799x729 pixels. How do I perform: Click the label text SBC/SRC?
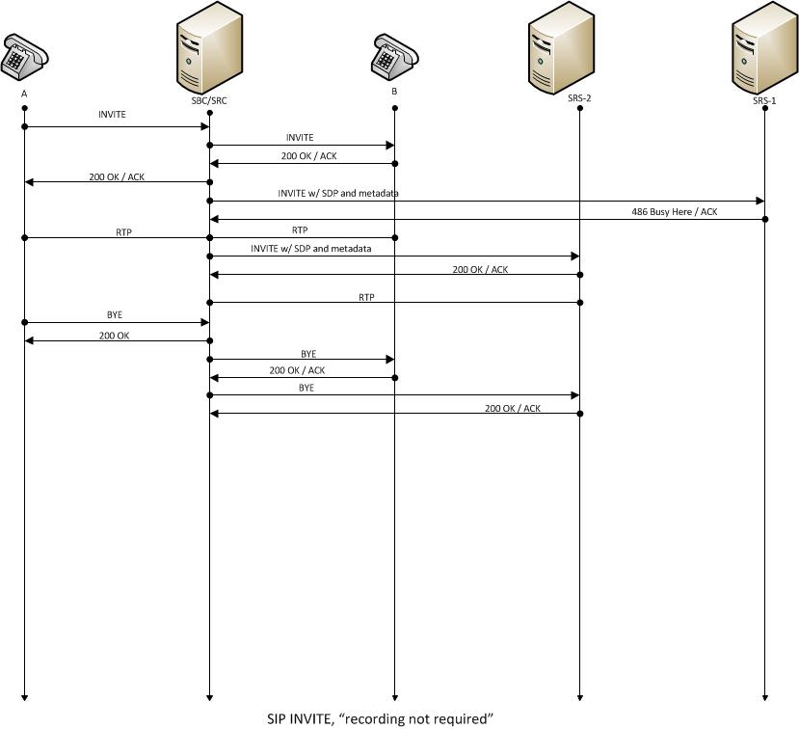point(209,99)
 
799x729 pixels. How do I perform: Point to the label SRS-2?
point(579,97)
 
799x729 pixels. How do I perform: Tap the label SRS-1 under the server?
point(764,100)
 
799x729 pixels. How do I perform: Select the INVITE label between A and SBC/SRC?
point(112,115)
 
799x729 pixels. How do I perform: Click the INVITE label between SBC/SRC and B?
point(300,138)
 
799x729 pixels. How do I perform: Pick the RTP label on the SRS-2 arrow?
point(366,297)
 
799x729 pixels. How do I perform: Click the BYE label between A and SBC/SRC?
point(115,315)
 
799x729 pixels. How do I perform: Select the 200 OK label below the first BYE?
point(114,335)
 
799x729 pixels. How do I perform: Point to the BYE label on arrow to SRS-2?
point(306,388)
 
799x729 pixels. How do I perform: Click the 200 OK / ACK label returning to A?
point(117,175)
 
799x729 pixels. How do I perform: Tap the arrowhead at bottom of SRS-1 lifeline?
point(765,696)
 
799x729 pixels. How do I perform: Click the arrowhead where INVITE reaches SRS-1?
point(760,201)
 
